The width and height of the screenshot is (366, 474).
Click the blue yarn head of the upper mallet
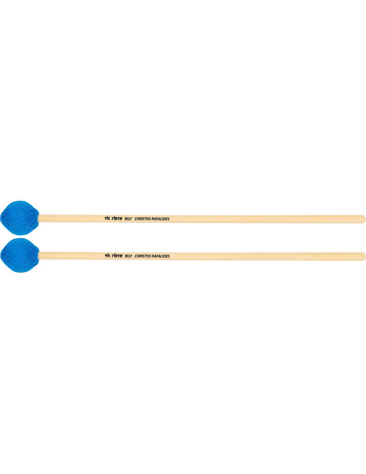point(19,218)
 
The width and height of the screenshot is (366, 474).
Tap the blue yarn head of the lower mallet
point(20,255)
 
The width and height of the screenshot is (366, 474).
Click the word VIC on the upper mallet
point(107,218)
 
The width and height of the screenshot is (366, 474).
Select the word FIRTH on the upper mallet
point(117,219)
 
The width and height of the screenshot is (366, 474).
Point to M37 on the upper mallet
point(128,219)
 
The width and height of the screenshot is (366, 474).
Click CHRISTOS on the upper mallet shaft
point(142,219)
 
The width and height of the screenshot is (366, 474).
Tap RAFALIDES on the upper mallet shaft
point(160,219)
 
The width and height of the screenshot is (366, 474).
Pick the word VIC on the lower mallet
point(108,255)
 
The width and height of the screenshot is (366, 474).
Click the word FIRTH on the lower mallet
point(117,256)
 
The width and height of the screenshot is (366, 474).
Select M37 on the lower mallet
point(129,256)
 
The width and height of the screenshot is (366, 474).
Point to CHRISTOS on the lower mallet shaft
point(143,256)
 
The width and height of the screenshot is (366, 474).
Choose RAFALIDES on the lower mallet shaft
point(161,256)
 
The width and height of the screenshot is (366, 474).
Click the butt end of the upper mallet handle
point(364,219)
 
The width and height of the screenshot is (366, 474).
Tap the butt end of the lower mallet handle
point(364,256)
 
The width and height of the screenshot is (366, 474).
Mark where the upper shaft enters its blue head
point(39,218)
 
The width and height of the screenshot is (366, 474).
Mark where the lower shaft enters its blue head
point(40,255)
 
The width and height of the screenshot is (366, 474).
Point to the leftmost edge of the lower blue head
point(1,255)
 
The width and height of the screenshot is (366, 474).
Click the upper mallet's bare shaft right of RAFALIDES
point(266,219)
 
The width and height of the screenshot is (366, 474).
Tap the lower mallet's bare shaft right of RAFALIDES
point(266,256)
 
